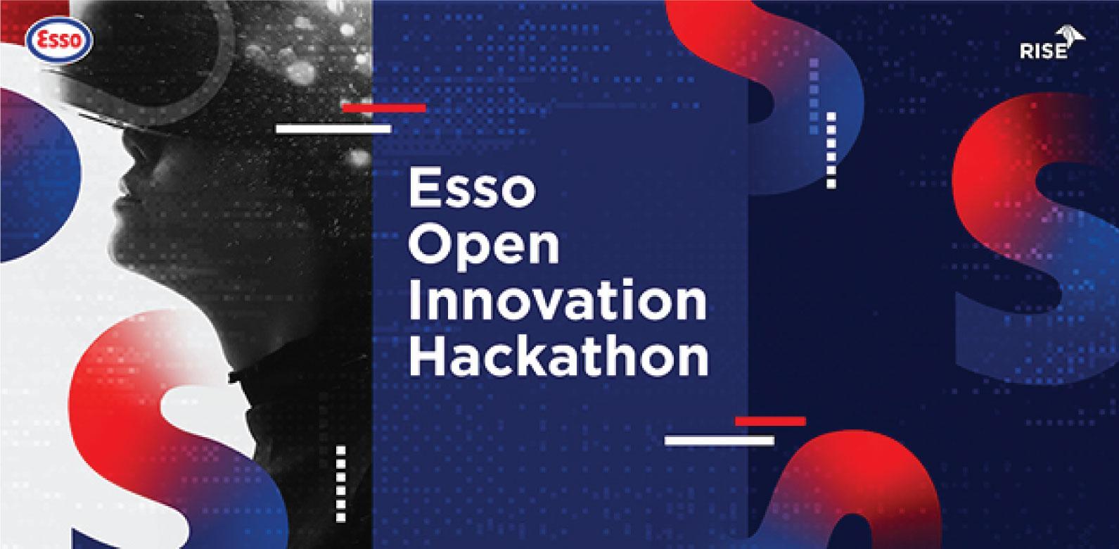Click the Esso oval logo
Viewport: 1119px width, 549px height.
click(x=60, y=40)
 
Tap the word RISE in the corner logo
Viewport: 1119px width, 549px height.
click(x=1044, y=51)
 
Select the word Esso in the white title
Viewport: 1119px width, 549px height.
click(x=472, y=189)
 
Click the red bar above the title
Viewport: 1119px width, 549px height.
click(x=383, y=108)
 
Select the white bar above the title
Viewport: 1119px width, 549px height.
click(x=333, y=129)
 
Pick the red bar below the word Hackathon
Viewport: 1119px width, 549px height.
click(x=770, y=421)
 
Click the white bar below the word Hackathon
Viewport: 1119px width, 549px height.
click(x=720, y=441)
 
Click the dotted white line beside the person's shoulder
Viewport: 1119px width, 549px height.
click(x=340, y=484)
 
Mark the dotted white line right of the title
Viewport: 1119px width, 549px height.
click(x=831, y=151)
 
